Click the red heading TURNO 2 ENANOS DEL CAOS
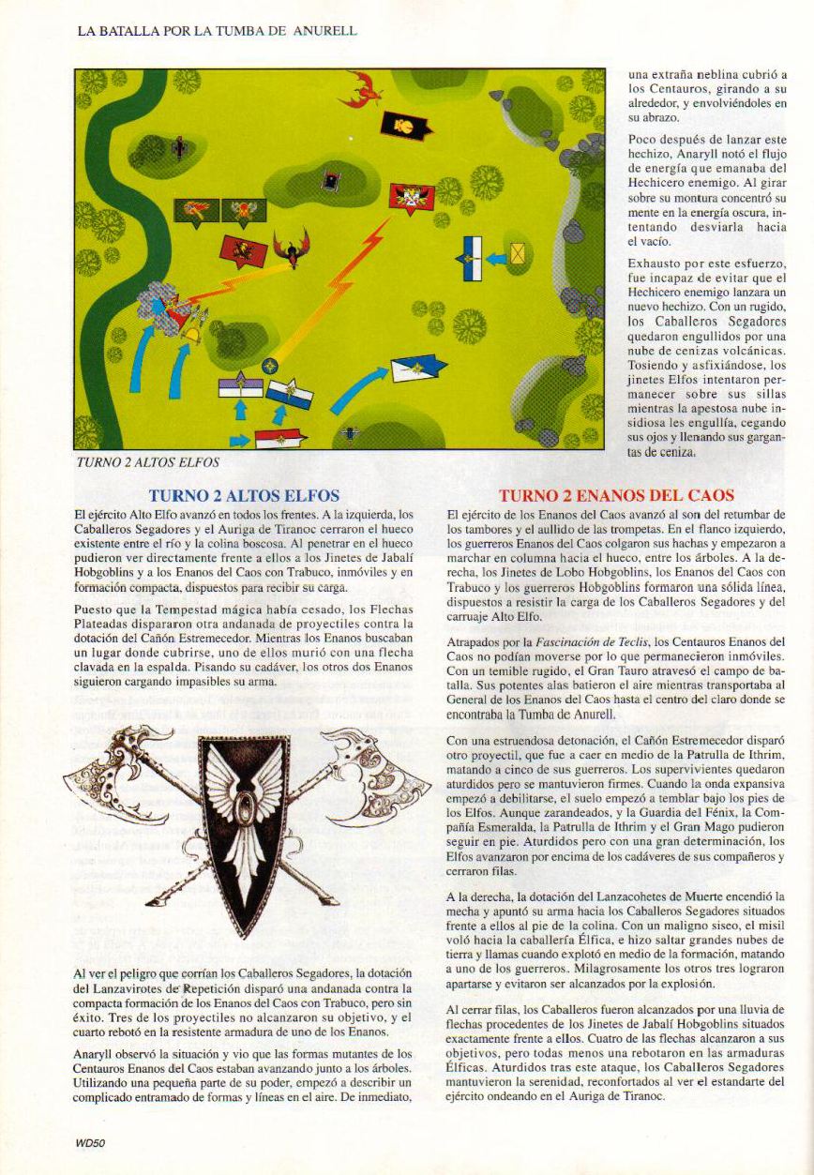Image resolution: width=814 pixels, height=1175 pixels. tap(615, 495)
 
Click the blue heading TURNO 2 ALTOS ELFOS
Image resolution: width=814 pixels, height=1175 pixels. tap(244, 495)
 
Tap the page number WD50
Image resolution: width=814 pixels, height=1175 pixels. tap(90, 1142)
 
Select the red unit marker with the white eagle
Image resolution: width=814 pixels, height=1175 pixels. tap(412, 197)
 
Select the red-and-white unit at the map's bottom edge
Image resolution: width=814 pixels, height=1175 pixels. tap(279, 438)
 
